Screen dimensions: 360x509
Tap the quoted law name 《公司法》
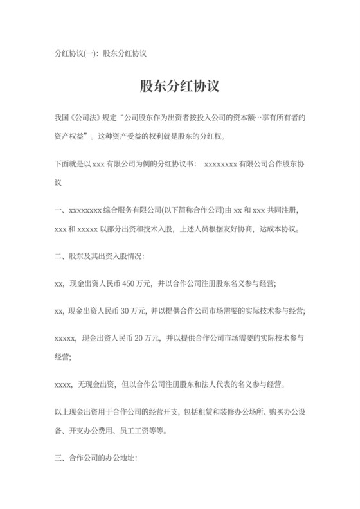tap(85, 118)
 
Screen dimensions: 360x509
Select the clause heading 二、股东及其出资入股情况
tap(101, 256)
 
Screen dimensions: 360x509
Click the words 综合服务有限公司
tap(131, 210)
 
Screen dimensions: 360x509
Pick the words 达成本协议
tap(279, 228)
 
